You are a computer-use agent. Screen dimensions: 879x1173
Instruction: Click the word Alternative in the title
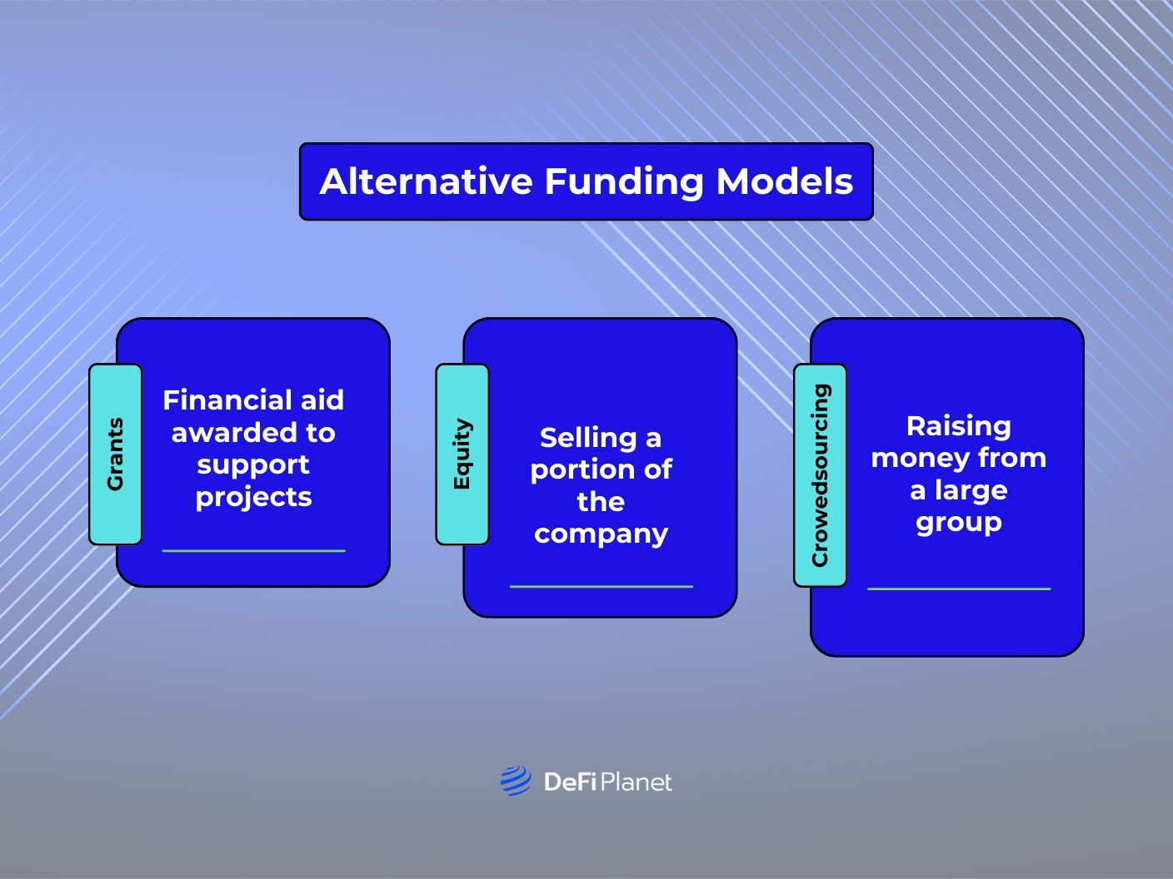(x=426, y=181)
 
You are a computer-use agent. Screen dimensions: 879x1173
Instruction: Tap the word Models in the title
(x=785, y=181)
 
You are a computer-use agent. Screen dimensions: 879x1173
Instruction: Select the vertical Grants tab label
(x=115, y=454)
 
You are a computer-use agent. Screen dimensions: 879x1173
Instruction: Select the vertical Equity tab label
(x=462, y=454)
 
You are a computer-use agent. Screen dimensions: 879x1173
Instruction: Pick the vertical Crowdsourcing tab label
(x=821, y=475)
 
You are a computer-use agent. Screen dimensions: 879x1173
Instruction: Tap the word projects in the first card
(x=253, y=498)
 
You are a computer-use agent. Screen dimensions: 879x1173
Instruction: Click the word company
(x=601, y=534)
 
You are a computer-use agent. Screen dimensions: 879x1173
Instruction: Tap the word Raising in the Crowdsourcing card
(x=958, y=426)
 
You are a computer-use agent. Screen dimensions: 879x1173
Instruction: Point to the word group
(x=958, y=523)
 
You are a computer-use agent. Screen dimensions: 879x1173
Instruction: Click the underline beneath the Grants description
(x=253, y=550)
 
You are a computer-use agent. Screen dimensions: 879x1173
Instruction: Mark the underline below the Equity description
(x=601, y=586)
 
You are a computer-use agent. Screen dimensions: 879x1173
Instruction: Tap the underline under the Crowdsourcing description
(x=958, y=588)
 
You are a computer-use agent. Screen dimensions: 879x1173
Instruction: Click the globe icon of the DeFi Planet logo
(x=516, y=782)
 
